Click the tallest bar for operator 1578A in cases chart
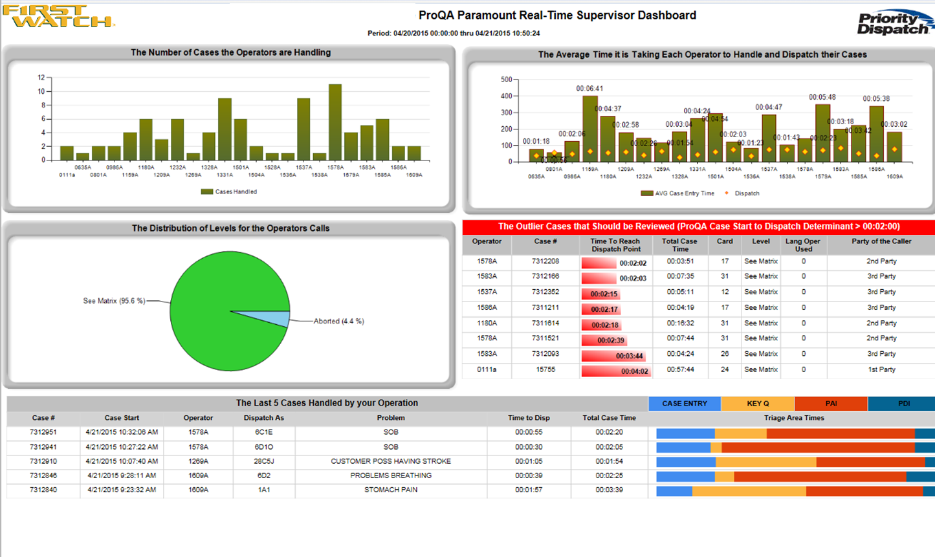point(335,122)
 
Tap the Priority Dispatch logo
point(894,23)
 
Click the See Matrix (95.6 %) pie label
point(114,301)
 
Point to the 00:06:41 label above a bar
point(589,89)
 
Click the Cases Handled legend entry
point(229,191)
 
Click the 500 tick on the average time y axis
point(506,80)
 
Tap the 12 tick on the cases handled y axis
point(41,78)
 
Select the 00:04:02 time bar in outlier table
point(616,371)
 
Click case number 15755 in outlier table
point(545,369)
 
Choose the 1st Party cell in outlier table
point(881,369)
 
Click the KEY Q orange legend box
point(757,404)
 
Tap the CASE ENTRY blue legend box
point(684,404)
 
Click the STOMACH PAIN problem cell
point(390,490)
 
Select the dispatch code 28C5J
point(263,461)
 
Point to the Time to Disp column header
point(529,418)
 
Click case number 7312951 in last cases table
point(43,432)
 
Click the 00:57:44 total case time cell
point(680,369)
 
